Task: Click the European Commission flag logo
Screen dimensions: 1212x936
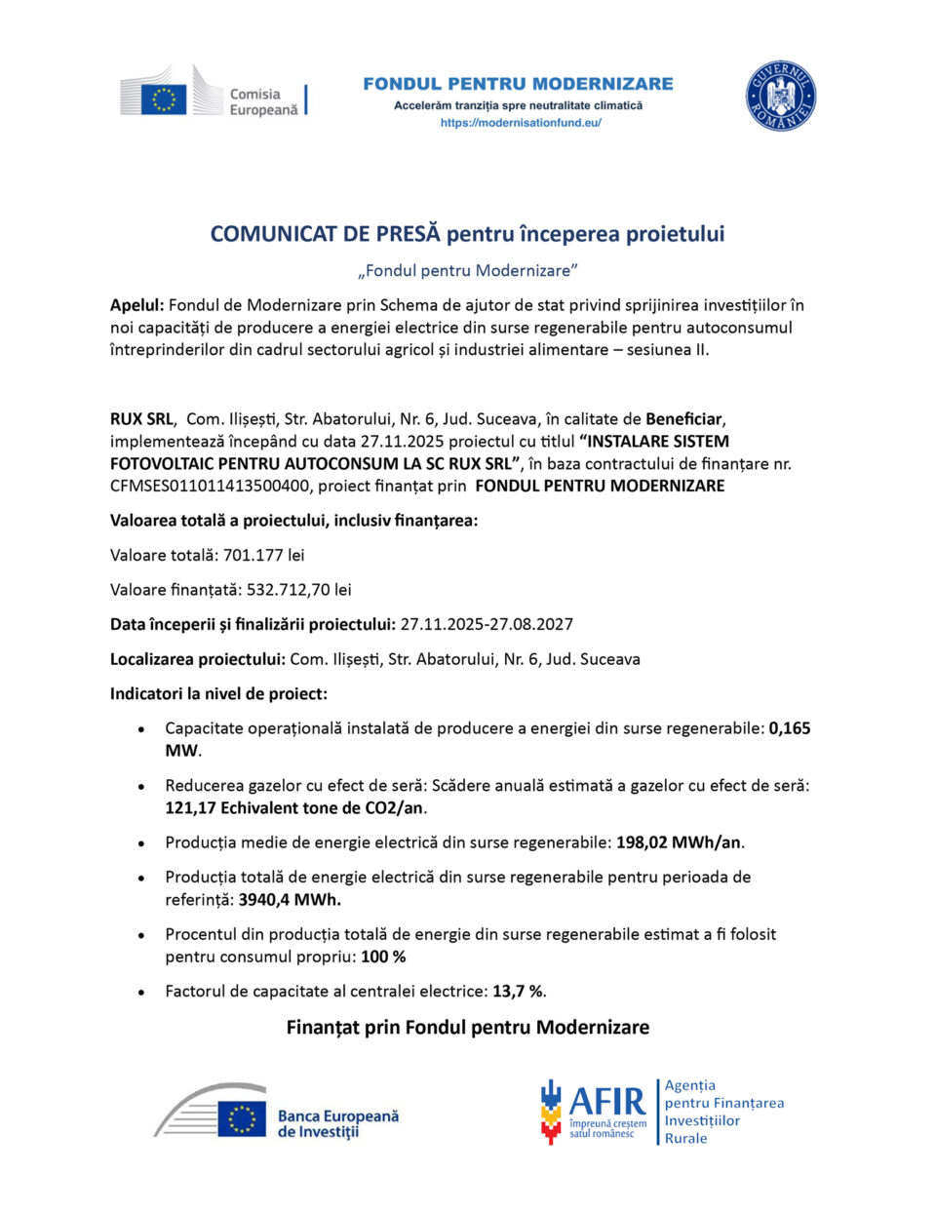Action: tap(163, 98)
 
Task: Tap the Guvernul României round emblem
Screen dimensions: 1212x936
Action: tap(780, 97)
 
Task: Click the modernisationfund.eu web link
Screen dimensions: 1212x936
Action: tap(521, 123)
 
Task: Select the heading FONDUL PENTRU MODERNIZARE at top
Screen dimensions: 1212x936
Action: tap(518, 84)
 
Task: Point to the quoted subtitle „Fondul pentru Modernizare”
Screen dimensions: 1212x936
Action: tap(468, 270)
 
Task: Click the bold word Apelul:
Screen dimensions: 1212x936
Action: tap(136, 305)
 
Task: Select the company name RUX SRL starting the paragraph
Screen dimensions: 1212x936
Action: tap(141, 419)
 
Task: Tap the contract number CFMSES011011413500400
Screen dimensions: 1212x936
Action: tap(210, 486)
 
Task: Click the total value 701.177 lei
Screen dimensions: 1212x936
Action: tap(263, 555)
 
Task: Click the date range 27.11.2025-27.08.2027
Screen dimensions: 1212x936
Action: tap(487, 624)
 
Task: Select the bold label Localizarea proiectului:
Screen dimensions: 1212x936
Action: tap(198, 659)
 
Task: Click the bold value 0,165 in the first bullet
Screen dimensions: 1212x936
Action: tap(790, 728)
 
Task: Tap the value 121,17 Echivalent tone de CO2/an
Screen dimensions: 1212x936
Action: tap(295, 807)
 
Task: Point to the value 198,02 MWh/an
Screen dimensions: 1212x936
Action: tap(679, 842)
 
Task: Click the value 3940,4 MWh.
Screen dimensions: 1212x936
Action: tap(290, 899)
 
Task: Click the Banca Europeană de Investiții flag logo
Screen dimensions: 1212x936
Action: tap(241, 1118)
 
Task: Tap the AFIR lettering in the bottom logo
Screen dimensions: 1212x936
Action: tap(606, 1102)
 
